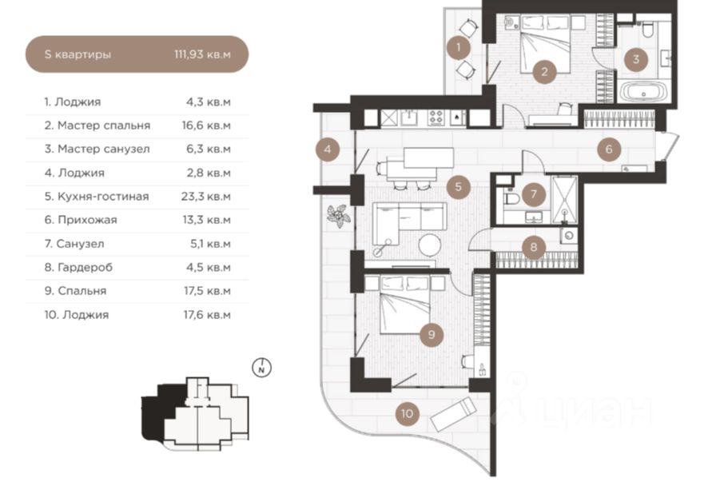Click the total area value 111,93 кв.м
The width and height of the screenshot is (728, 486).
coord(202,54)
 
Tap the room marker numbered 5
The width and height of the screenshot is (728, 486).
coord(458,187)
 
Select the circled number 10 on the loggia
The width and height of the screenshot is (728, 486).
coord(408,413)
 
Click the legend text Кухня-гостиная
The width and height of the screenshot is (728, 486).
coord(103,197)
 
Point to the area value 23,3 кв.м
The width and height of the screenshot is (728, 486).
coord(206,197)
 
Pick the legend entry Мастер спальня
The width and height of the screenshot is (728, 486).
coord(104,125)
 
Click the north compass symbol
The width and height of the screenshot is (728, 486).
coord(262,368)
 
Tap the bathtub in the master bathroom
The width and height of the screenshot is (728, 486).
coord(643,92)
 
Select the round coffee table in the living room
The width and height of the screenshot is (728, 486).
coord(429,245)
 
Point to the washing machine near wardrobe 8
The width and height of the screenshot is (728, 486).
coord(569,236)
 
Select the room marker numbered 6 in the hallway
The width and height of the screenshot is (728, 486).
coord(609,149)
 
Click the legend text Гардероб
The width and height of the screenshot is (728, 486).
coord(85,268)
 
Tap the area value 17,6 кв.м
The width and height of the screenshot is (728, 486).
coord(207,315)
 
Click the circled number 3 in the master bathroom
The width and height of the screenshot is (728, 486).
coord(635,59)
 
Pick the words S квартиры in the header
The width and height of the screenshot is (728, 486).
coord(78,54)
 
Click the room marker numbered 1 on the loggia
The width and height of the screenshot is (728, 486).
coord(458,47)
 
